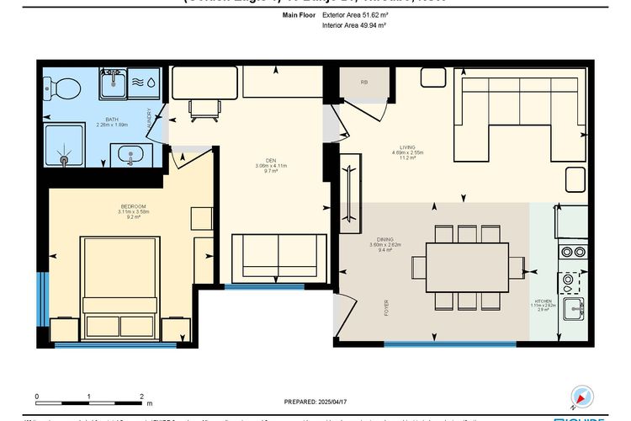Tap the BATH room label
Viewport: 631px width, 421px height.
pyautogui.click(x=112, y=122)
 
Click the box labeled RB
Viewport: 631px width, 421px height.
pyautogui.click(x=364, y=83)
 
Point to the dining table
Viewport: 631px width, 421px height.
pyautogui.click(x=467, y=267)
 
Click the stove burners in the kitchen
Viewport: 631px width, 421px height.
pyautogui.click(x=573, y=251)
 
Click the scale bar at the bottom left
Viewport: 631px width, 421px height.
pyautogui.click(x=88, y=399)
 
